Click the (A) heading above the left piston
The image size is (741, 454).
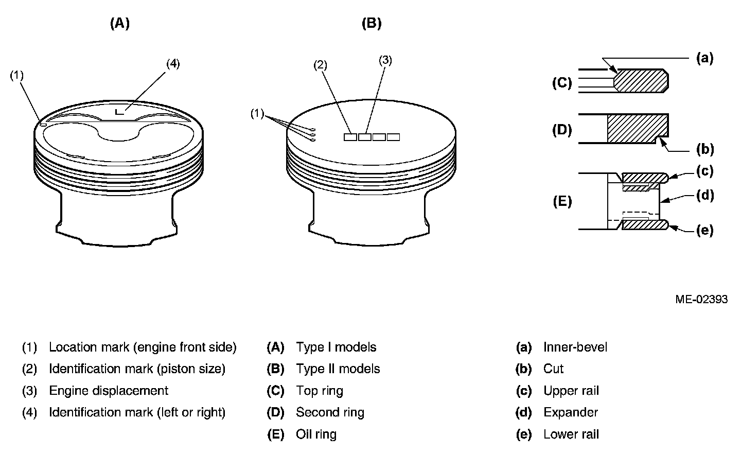coord(119,23)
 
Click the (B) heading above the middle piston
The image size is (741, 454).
coord(372,23)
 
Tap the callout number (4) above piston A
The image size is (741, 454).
coord(173,64)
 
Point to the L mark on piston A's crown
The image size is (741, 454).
coord(119,111)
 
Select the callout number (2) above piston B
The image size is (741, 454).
coord(320,65)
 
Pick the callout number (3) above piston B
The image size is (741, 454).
coord(385,60)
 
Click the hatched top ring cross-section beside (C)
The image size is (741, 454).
coord(641,81)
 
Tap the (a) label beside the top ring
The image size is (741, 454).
coord(704,58)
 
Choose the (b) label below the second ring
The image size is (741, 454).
coord(704,150)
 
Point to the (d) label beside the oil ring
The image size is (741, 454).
coord(704,195)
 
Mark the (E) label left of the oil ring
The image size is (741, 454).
coord(562,201)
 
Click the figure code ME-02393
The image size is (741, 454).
coord(701,299)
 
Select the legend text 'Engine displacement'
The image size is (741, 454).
coord(109,391)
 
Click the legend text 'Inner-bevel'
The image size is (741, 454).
coord(575,347)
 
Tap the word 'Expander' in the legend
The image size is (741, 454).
coord(571,412)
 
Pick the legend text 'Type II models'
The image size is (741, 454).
coord(338,369)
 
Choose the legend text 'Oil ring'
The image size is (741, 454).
coord(316,434)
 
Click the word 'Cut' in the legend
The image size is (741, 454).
coord(553,369)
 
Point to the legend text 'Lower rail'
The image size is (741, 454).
coord(571,434)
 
